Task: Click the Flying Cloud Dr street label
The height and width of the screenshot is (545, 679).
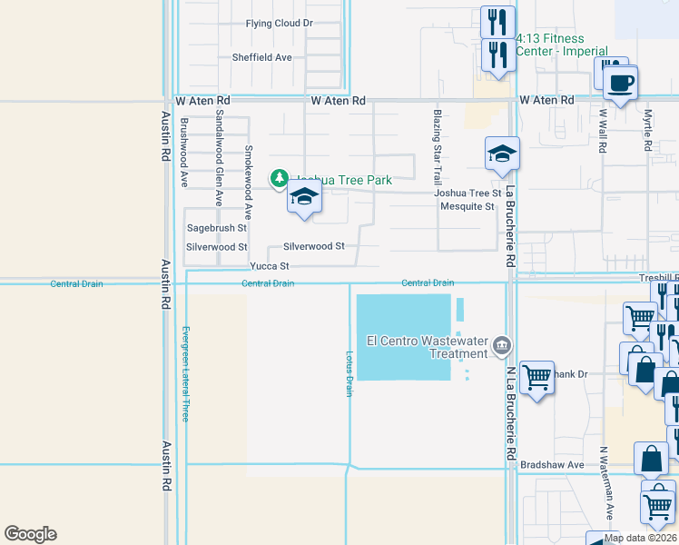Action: tap(279, 23)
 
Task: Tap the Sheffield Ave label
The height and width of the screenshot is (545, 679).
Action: tap(261, 57)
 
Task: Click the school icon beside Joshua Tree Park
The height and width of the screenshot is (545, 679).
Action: tap(304, 197)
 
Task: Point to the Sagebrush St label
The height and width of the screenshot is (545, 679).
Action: tap(216, 228)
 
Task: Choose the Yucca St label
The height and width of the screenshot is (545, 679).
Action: tap(270, 266)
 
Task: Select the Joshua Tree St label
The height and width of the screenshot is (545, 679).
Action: tap(467, 193)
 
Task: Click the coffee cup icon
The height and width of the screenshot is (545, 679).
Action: tap(621, 84)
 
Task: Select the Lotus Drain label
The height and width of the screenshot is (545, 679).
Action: tap(349, 373)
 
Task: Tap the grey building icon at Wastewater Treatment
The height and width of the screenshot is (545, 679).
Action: tap(502, 346)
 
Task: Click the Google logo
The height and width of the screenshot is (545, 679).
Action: tap(30, 534)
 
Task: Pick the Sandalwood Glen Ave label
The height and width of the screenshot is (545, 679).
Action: tap(219, 160)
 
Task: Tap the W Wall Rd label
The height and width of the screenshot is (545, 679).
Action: tap(602, 131)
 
